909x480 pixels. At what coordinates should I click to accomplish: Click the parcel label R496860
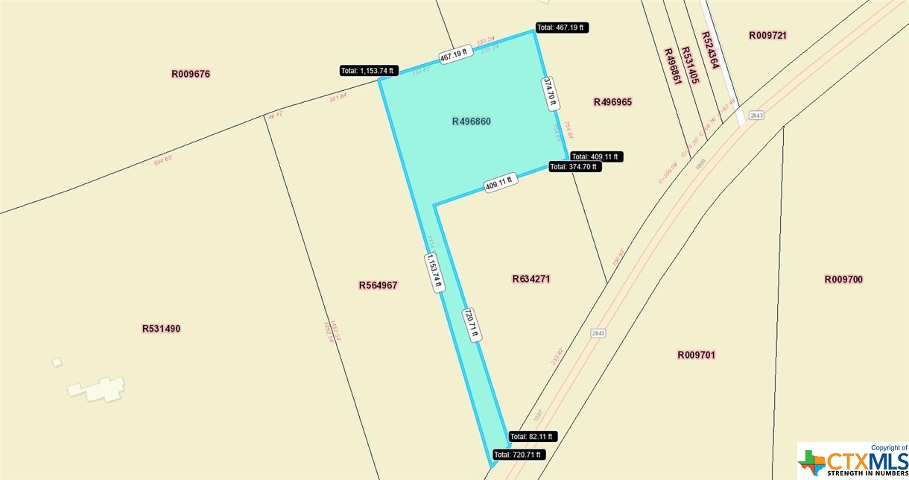(471, 121)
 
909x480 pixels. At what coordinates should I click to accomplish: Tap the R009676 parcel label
(191, 74)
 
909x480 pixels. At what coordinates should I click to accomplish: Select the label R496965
(612, 101)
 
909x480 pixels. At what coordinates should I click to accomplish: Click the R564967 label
(378, 285)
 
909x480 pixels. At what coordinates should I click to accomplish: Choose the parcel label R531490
(161, 328)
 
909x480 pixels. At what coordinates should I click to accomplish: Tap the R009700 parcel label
(843, 280)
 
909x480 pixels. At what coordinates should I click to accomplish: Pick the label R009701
(697, 355)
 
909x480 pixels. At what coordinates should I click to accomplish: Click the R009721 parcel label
(768, 35)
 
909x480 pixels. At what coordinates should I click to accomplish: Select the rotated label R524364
(709, 50)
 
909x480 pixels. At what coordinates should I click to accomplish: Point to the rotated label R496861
(672, 66)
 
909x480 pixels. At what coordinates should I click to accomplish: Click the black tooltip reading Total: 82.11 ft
(533, 437)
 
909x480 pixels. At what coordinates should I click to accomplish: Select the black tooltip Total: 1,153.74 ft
(369, 71)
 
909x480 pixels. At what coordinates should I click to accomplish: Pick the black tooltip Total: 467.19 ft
(562, 28)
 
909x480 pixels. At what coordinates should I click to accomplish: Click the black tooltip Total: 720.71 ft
(519, 454)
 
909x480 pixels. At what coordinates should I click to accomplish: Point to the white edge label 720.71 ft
(471, 326)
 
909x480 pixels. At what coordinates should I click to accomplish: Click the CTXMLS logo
(853, 460)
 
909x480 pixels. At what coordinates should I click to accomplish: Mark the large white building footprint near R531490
(97, 388)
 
